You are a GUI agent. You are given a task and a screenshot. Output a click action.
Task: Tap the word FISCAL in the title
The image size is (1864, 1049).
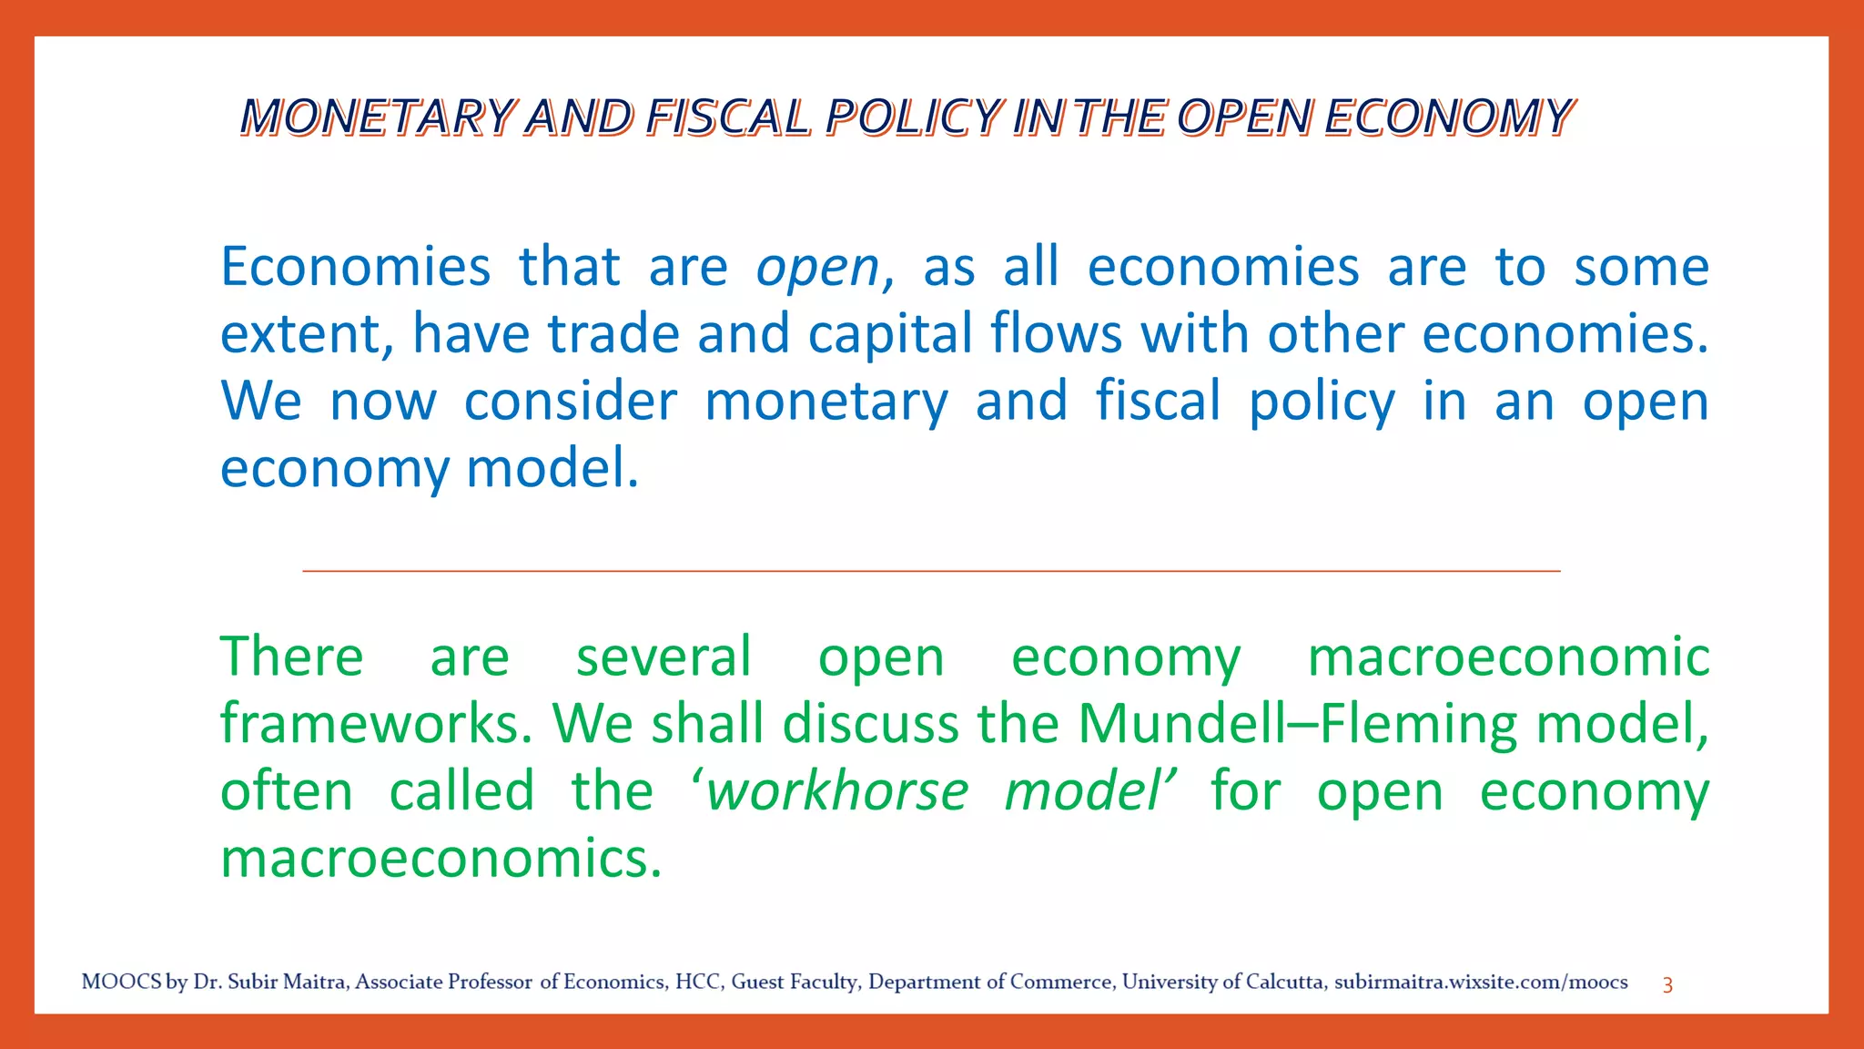pyautogui.click(x=727, y=117)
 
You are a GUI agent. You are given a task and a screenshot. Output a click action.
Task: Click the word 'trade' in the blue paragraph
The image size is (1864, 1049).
pyautogui.click(x=613, y=333)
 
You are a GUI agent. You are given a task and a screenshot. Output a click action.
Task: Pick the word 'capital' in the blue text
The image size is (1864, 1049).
pyautogui.click(x=890, y=333)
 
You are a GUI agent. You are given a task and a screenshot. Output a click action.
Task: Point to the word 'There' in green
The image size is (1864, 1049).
pyautogui.click(x=291, y=657)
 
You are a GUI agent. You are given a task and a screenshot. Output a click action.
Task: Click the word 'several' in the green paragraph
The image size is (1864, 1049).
pyautogui.click(x=664, y=657)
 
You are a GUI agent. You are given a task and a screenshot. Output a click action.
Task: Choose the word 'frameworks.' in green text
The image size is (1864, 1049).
pyautogui.click(x=376, y=724)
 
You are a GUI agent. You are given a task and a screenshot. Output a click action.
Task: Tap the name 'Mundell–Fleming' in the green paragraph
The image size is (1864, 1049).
pyautogui.click(x=1298, y=724)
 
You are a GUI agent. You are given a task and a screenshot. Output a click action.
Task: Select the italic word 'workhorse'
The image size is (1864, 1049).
pyautogui.click(x=837, y=790)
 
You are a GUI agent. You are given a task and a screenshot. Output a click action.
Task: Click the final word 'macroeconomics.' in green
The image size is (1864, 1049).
pyautogui.click(x=441, y=858)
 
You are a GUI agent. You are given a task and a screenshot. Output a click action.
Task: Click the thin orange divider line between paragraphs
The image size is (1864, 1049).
pyautogui.click(x=931, y=571)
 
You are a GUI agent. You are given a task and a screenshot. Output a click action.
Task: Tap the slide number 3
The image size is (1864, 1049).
pyautogui.click(x=1667, y=984)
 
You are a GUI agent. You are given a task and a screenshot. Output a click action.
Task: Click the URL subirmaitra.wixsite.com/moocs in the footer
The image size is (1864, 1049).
pyautogui.click(x=1481, y=982)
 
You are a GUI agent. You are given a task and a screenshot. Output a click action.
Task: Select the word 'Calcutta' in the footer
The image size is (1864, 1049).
pyautogui.click(x=1284, y=982)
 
